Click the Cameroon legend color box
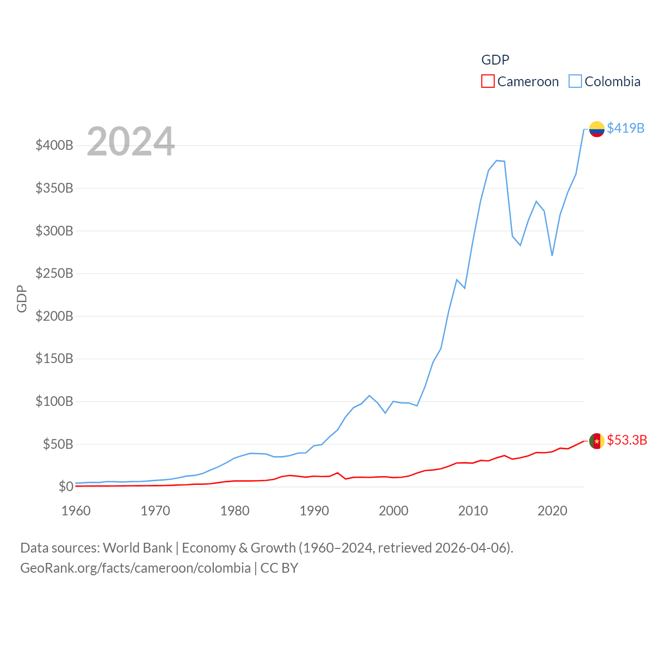(x=487, y=82)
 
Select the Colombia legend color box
(x=575, y=82)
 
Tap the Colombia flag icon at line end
(x=596, y=129)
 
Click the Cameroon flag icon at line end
(x=596, y=441)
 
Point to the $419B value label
(x=625, y=128)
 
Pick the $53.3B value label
(x=626, y=440)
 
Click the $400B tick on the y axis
(x=54, y=145)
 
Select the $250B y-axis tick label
(x=54, y=273)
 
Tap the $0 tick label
(x=66, y=486)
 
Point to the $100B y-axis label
(x=54, y=401)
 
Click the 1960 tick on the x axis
(x=76, y=511)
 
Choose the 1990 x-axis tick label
(x=314, y=511)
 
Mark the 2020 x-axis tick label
(x=553, y=511)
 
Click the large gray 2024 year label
(x=131, y=141)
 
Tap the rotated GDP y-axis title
(x=22, y=298)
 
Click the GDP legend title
(x=495, y=60)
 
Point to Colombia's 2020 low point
(x=552, y=256)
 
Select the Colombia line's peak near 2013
(x=497, y=161)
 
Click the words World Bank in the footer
(x=137, y=547)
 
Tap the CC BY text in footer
(x=279, y=568)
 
